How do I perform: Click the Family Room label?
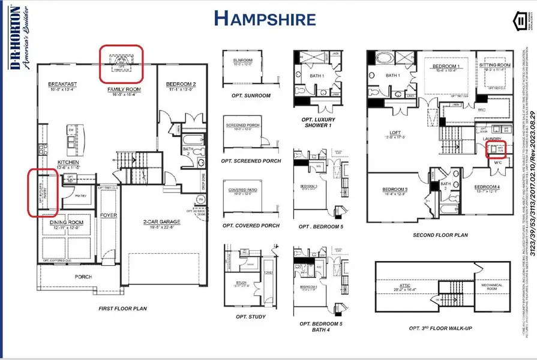click(124, 90)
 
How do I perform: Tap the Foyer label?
click(108, 215)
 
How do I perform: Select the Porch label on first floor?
click(83, 277)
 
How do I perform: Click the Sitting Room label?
click(494, 65)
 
